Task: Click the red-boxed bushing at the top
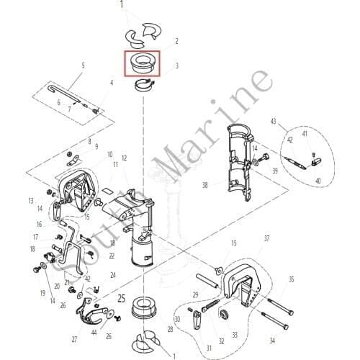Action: click(143, 64)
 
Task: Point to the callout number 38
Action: click(205, 185)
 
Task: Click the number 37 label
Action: click(266, 238)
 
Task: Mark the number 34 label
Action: click(271, 340)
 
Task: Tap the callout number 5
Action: click(84, 66)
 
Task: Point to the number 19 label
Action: click(42, 293)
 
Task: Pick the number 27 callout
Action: click(74, 338)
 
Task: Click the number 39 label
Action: click(274, 171)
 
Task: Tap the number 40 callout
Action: click(318, 181)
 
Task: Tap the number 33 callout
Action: click(234, 335)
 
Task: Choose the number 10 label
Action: click(110, 154)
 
